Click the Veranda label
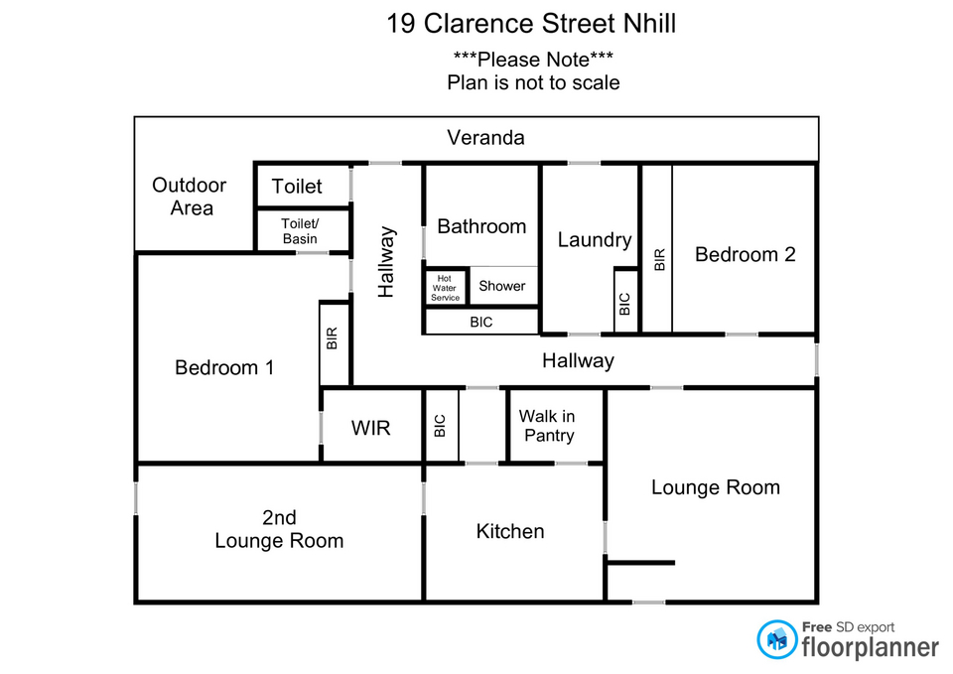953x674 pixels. (x=485, y=138)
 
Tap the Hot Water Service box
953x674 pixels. (x=446, y=286)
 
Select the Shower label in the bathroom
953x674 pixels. (x=502, y=286)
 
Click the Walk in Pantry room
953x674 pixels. (x=547, y=426)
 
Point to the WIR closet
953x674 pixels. (x=371, y=428)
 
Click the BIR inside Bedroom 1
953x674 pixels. (x=334, y=339)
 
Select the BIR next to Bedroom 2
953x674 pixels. (x=658, y=260)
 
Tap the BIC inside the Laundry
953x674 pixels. (x=624, y=304)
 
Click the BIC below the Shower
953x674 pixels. (x=480, y=323)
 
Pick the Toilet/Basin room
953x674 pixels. (x=300, y=231)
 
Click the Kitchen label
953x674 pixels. (x=510, y=531)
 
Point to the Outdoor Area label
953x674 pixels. (x=190, y=197)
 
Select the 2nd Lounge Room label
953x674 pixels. (x=279, y=529)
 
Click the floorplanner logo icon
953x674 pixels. (x=777, y=639)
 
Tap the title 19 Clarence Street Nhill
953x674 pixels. (x=531, y=24)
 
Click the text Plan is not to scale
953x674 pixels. (x=533, y=82)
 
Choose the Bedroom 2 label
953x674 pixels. (x=745, y=254)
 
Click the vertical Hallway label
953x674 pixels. (x=386, y=262)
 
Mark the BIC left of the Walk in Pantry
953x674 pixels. (x=441, y=426)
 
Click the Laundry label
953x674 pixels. (x=594, y=239)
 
